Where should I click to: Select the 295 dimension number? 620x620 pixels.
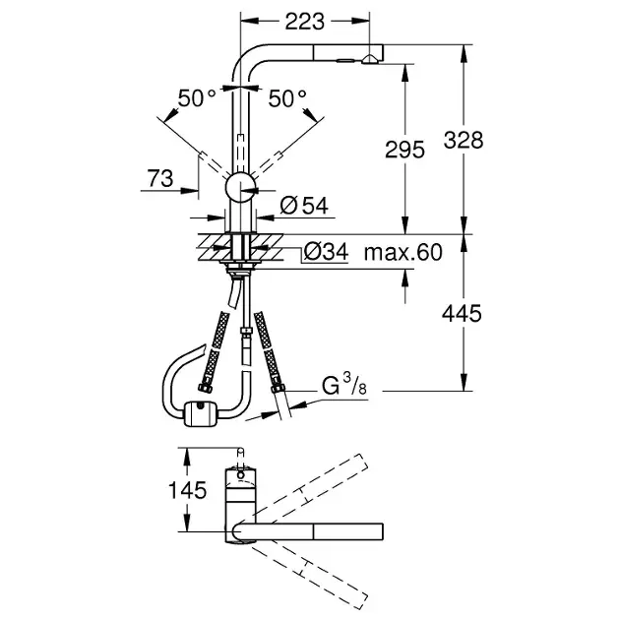click(404, 150)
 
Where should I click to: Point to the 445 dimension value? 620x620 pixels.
click(463, 313)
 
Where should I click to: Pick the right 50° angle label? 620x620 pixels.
click(287, 97)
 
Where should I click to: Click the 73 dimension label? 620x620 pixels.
click(159, 178)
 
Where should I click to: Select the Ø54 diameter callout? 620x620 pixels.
click(303, 206)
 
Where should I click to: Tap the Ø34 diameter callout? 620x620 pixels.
click(326, 252)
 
